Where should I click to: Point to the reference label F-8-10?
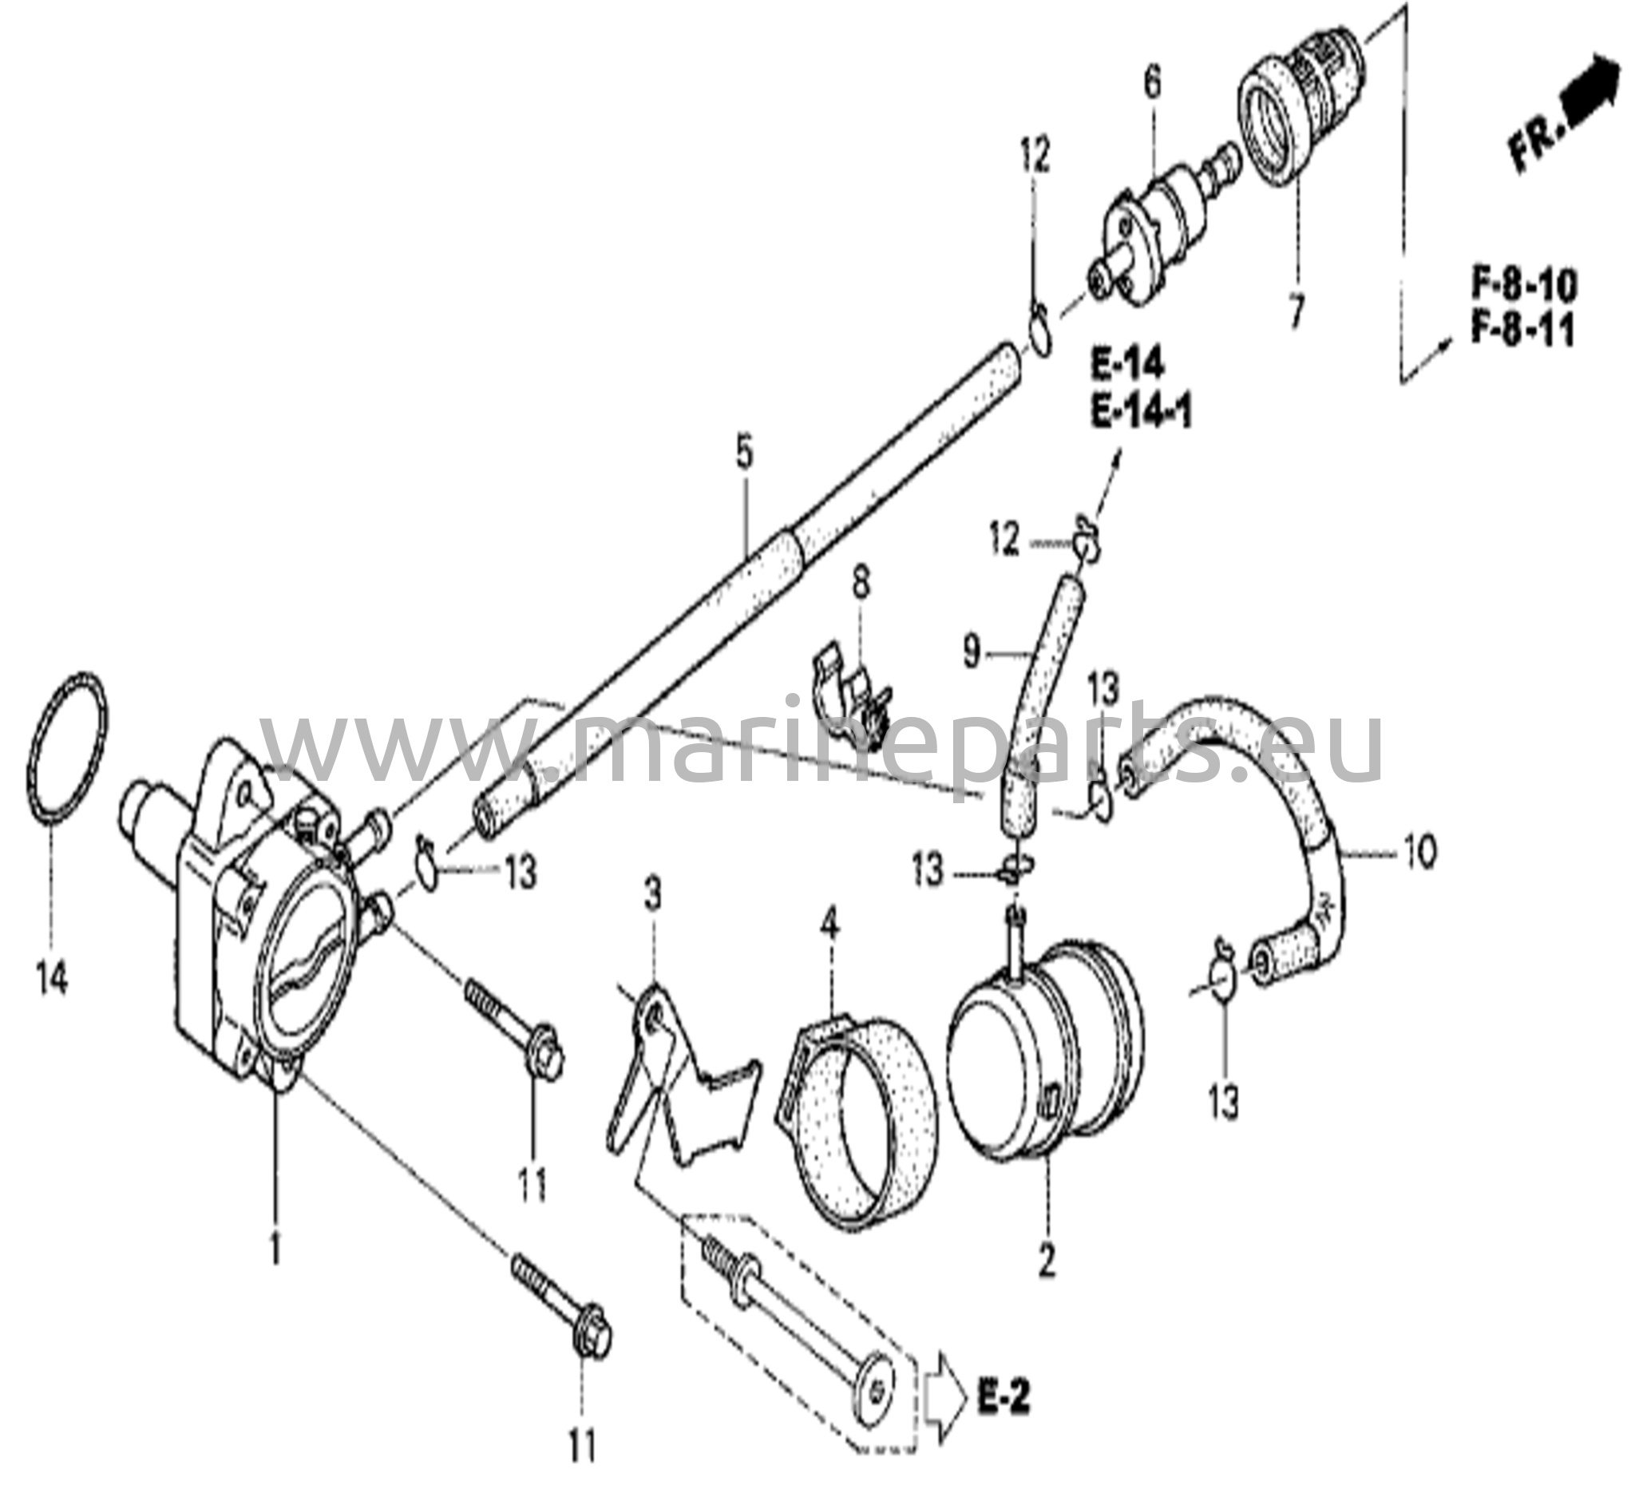pos(1524,286)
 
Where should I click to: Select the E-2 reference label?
pos(1004,1399)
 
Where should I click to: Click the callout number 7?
pos(1296,310)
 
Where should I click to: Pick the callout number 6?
pos(1152,83)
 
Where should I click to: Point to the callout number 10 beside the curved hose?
pos(1419,853)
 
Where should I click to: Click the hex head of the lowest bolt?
pos(594,1347)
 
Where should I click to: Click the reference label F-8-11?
pos(1524,331)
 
